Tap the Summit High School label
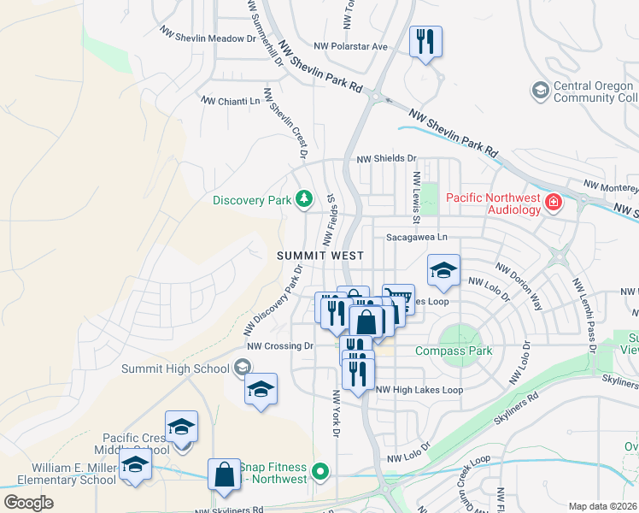(x=175, y=369)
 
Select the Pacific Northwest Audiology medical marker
(x=554, y=203)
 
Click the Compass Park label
(x=454, y=351)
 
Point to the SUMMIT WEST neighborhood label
(x=320, y=256)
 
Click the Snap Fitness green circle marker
(x=319, y=471)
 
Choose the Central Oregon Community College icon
(x=540, y=89)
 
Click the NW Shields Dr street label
(x=386, y=159)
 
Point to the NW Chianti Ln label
(x=230, y=101)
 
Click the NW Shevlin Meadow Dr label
(x=208, y=32)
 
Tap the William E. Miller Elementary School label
(x=73, y=474)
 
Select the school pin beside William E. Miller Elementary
(x=134, y=466)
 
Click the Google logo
(x=28, y=503)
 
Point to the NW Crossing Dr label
(x=280, y=346)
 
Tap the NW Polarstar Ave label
(x=350, y=46)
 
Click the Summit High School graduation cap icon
(x=243, y=368)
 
